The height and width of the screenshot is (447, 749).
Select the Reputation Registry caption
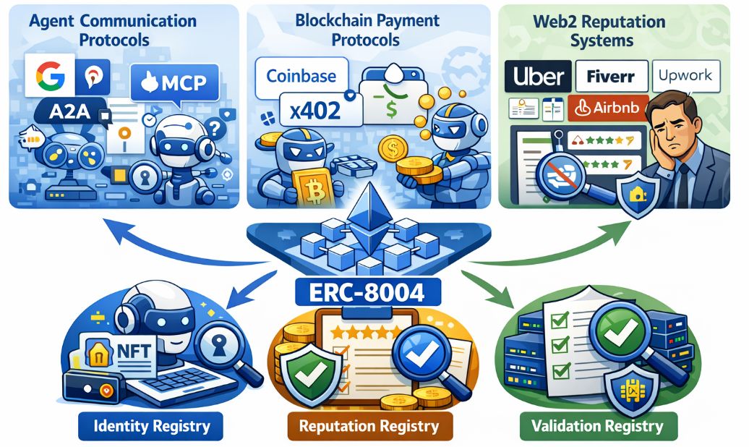pos(370,425)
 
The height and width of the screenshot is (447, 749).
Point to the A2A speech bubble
pos(67,112)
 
